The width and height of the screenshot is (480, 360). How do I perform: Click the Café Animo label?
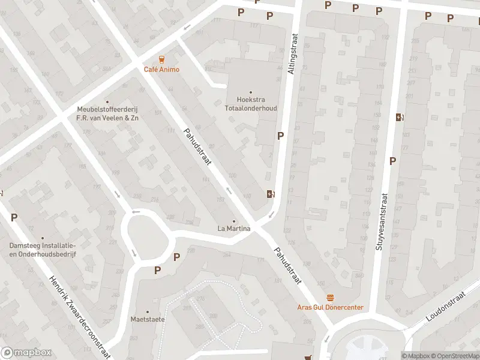161,70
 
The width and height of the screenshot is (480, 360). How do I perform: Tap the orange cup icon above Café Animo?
161,59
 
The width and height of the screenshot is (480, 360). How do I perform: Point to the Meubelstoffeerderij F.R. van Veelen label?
107,114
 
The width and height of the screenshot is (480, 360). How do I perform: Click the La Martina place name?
233,229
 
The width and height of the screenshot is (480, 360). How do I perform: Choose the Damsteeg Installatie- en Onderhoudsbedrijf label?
42,250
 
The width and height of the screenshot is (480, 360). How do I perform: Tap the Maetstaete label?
148,319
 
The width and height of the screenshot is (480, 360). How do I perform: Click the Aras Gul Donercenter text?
330,307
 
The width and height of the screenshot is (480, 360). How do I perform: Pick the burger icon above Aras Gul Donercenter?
330,297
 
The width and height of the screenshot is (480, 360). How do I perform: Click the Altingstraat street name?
292,55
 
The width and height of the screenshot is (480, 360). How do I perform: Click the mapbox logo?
25,353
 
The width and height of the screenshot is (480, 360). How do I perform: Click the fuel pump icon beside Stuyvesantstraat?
399,117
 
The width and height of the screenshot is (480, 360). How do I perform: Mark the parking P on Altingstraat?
280,136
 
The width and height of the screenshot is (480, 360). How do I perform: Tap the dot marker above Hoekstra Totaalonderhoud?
251,92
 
